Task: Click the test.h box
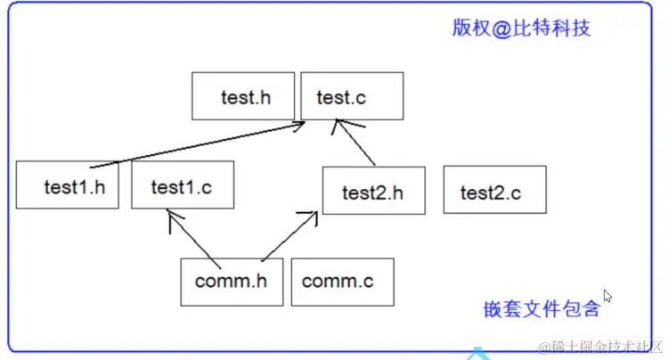tap(243, 96)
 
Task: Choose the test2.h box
tap(373, 190)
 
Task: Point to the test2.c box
tap(494, 190)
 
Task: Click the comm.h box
tap(232, 282)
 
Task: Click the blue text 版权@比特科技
tap(521, 28)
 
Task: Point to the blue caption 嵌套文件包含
tap(542, 309)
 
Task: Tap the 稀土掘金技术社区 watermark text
tap(596, 346)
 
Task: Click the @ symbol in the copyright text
tap(503, 28)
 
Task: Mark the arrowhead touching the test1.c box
tap(169, 217)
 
